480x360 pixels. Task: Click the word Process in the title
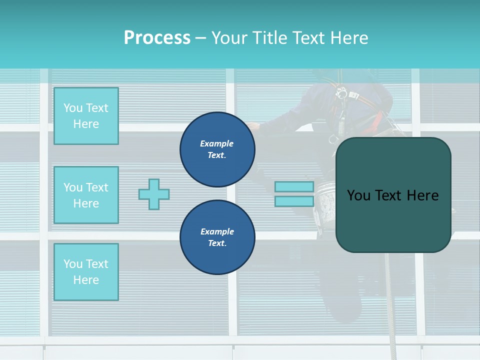tap(157, 37)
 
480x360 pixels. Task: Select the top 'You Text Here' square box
tap(86, 116)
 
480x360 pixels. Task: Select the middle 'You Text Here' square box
tap(86, 195)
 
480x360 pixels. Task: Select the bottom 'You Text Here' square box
tap(86, 271)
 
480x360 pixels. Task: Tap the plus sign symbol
tap(154, 194)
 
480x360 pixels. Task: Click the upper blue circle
tap(217, 149)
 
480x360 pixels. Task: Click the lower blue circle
tap(217, 237)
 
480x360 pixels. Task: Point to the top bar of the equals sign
tap(294, 187)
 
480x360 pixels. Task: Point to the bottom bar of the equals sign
tap(294, 201)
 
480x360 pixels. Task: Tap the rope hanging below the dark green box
tap(390, 300)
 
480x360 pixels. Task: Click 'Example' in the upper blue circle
tap(217, 143)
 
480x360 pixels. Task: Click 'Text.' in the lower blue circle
tap(217, 243)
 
